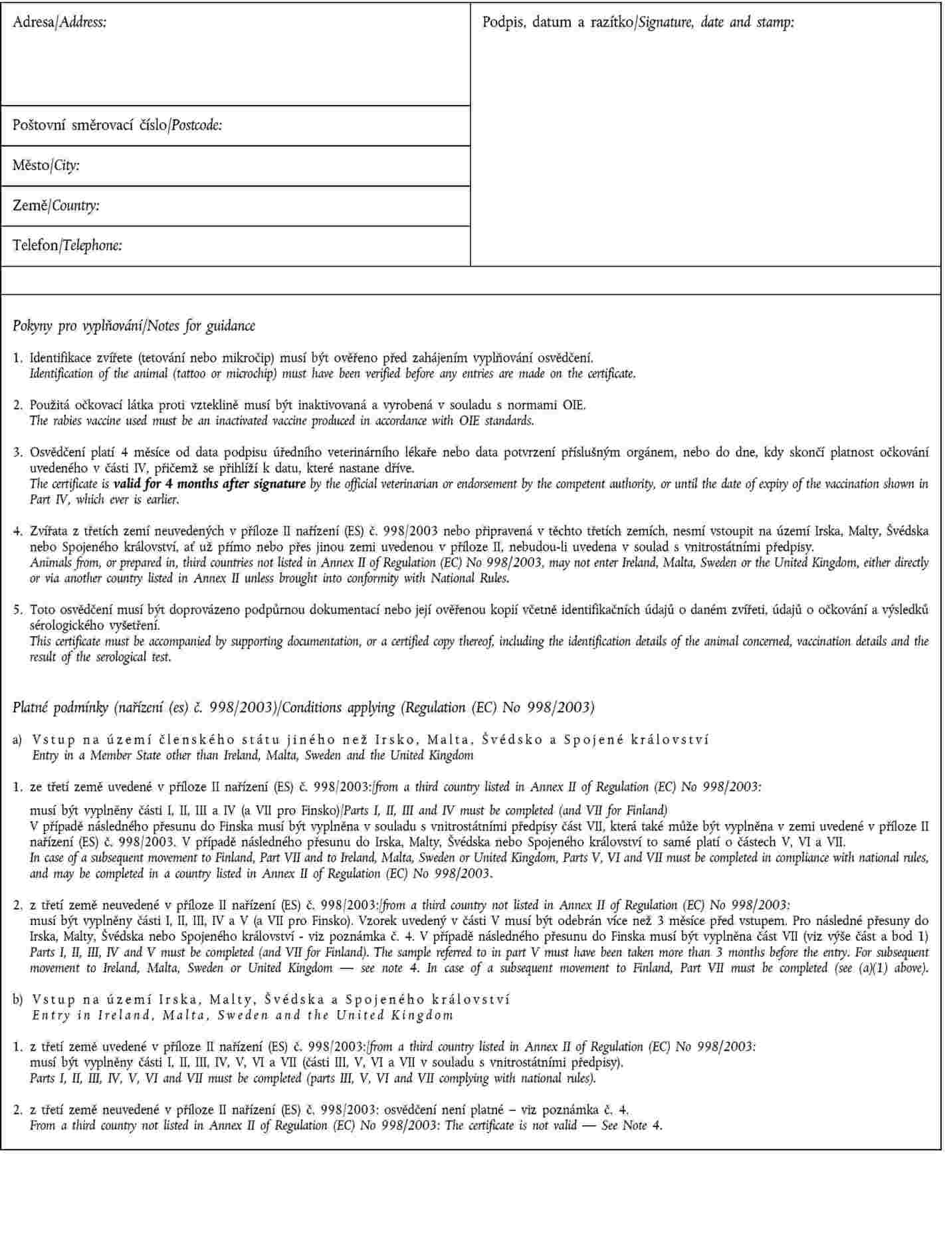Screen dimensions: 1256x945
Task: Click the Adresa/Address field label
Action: tap(59, 23)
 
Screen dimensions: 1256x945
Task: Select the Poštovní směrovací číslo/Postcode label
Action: tap(117, 125)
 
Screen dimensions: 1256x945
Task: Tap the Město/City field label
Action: tap(46, 165)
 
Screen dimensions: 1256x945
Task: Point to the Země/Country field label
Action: tap(56, 205)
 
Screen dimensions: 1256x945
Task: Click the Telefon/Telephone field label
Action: tap(67, 245)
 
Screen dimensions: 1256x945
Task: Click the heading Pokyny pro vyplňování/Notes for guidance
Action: tap(134, 326)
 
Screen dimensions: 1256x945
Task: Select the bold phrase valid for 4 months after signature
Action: tap(209, 484)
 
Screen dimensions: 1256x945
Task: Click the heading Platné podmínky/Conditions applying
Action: tap(303, 707)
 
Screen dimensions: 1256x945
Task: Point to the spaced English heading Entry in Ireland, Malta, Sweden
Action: tap(243, 1015)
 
